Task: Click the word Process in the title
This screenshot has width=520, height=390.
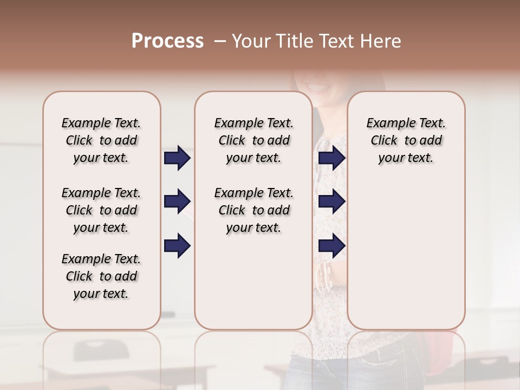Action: (167, 41)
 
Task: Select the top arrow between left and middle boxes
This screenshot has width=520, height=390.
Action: (177, 158)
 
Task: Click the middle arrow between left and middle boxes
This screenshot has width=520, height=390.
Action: (177, 201)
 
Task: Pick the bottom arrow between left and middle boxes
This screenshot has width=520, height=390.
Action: (177, 245)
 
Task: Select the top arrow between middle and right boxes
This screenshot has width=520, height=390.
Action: (331, 158)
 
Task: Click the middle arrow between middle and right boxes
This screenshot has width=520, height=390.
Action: (331, 201)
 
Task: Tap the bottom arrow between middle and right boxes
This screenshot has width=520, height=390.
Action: (331, 245)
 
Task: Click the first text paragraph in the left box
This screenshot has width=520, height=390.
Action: (101, 140)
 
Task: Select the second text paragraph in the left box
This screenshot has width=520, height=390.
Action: (101, 210)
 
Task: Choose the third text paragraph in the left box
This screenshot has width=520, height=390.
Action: (101, 276)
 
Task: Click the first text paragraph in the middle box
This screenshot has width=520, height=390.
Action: (253, 140)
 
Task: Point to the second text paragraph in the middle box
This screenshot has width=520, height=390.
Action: (253, 210)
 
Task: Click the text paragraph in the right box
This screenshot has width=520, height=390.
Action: (406, 140)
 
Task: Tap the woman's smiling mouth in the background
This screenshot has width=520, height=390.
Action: (317, 86)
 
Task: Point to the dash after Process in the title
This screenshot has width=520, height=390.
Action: (220, 41)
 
